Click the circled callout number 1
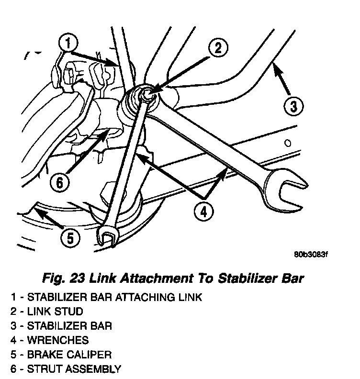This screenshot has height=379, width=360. click(68, 44)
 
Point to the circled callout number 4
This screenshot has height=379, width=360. click(204, 212)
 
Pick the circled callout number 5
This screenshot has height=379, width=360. click(70, 238)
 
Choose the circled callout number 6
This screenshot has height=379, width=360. click(60, 181)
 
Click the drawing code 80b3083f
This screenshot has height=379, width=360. click(310, 254)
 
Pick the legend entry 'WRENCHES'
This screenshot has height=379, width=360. click(58, 340)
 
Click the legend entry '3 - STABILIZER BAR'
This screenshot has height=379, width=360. click(62, 326)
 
